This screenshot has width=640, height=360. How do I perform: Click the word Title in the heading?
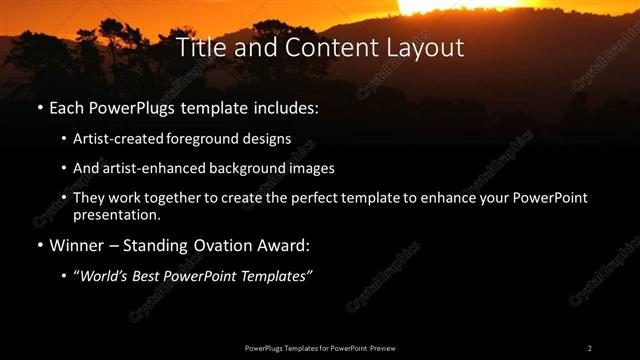point(199,47)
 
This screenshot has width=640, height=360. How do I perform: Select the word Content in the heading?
point(325,47)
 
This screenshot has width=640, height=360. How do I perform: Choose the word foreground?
point(217,139)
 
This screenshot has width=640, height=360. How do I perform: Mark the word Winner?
point(77,245)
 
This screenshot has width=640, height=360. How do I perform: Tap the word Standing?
point(161,245)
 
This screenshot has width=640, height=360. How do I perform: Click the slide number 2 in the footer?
point(590,347)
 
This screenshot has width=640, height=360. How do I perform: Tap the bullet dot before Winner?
point(39,245)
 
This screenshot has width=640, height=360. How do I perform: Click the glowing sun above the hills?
point(440,6)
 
